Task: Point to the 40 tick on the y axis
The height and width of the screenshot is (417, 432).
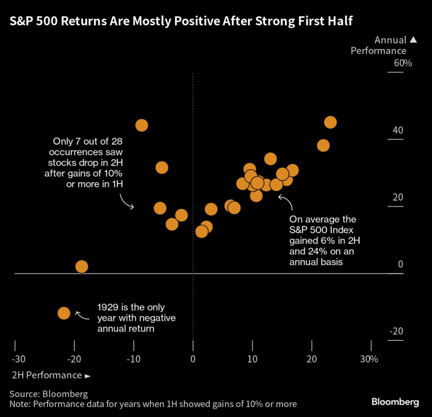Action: point(398,130)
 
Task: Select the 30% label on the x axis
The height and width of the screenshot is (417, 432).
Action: point(369,359)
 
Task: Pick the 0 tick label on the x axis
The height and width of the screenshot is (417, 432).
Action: point(193,359)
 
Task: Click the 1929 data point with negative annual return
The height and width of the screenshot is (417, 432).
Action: point(64,313)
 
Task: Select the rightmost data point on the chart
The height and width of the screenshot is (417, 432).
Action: point(330,122)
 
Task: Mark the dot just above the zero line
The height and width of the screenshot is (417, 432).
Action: point(82,267)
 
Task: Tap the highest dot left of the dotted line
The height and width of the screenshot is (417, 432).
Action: point(141,125)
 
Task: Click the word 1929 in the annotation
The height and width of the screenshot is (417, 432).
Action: point(109,307)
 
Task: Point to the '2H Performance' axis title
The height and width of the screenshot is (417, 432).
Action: point(46,375)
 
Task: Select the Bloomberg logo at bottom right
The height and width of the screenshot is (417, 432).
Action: point(395,402)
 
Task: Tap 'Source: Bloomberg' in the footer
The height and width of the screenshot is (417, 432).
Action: point(48,394)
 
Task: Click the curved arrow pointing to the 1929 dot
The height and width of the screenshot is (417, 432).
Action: point(83,316)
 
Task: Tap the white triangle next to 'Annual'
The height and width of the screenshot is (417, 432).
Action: point(413,40)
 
